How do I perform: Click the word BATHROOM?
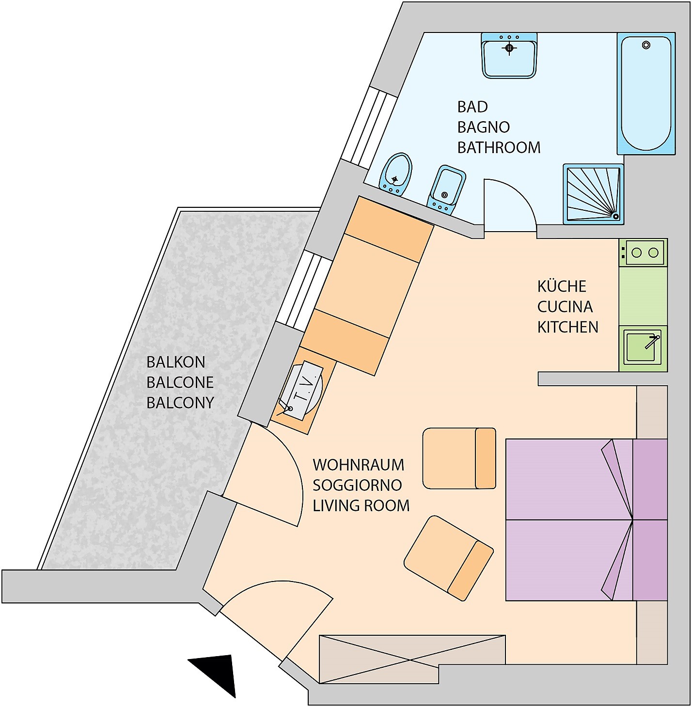[x=499, y=147]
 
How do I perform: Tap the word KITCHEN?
[x=567, y=327]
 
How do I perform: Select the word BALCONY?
[x=180, y=403]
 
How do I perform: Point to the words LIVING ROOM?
[x=361, y=505]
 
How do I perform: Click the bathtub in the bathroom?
[x=646, y=94]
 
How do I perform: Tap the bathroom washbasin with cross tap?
[x=509, y=55]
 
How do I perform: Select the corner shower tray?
[x=593, y=194]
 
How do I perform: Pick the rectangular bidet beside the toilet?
[x=446, y=190]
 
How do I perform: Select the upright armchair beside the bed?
[x=459, y=458]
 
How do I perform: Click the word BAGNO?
[x=483, y=127]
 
